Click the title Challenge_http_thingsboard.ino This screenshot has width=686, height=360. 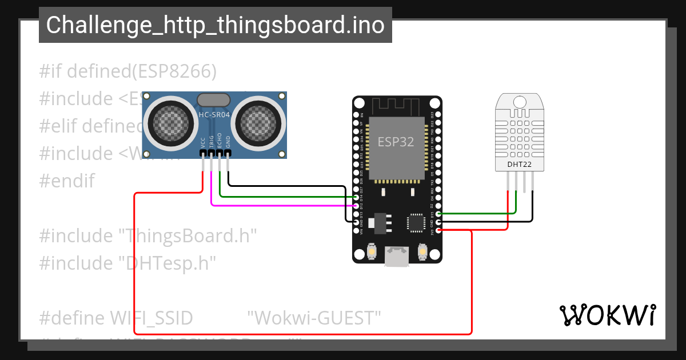coord(215,25)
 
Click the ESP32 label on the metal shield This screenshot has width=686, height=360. coord(396,142)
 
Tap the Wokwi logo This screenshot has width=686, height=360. coord(607,315)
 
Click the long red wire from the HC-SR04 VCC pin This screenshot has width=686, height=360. coord(135,263)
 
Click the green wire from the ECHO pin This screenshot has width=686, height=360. coord(286,197)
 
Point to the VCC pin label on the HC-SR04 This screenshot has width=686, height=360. coord(204,142)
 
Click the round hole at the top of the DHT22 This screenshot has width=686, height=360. coord(520,102)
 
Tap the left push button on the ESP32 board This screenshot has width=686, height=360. coord(372,251)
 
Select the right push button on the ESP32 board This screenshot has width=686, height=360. coord(423,251)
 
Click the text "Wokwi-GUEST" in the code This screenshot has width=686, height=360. coord(314,318)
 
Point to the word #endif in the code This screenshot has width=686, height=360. coord(66,181)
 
